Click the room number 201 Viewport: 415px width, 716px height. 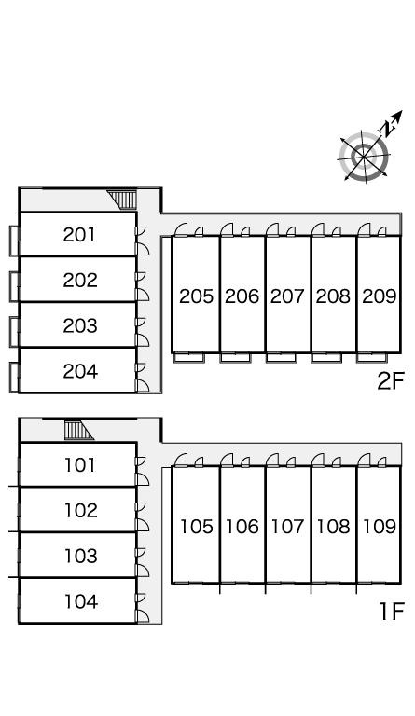[x=79, y=235]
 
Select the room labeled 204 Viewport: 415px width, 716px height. [x=80, y=371]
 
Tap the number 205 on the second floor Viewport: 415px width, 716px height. [x=197, y=296]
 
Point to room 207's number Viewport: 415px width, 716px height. [x=287, y=296]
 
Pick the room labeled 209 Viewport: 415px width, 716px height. [x=379, y=296]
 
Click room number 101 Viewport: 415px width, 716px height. [x=80, y=465]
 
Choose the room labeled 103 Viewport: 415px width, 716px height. [x=81, y=557]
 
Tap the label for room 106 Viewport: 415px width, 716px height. [x=242, y=527]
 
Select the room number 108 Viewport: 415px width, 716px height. [x=333, y=527]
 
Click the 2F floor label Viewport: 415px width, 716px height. [x=391, y=380]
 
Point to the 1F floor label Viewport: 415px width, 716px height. [x=393, y=612]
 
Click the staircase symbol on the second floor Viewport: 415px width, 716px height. [x=122, y=200]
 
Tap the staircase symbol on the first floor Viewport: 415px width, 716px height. [x=78, y=431]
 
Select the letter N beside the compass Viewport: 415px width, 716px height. [x=388, y=129]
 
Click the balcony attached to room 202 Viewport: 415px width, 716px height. [x=14, y=286]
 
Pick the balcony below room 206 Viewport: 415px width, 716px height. [x=235, y=358]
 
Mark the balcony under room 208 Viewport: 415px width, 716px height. [x=326, y=358]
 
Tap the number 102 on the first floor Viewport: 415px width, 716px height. [x=81, y=511]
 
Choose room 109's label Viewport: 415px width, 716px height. [x=379, y=527]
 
